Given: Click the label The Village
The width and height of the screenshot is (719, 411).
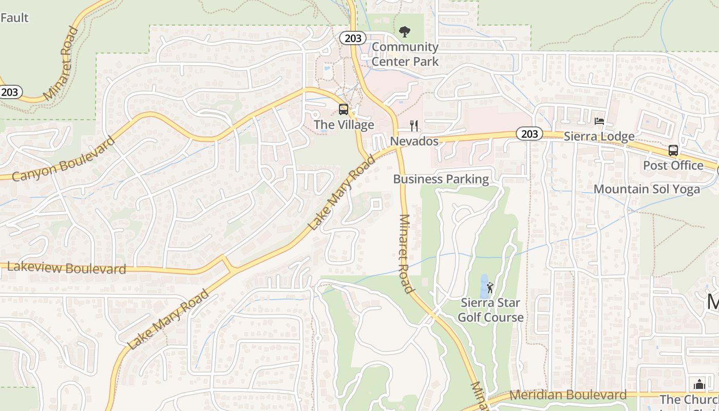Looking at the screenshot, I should tap(344, 125).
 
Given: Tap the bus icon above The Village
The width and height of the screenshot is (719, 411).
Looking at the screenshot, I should tap(344, 109).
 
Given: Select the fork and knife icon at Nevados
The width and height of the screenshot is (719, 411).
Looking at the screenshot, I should tap(414, 125).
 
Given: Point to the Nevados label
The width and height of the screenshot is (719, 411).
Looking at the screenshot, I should tap(414, 141).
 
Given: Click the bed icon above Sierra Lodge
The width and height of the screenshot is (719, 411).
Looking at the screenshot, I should tap(599, 121).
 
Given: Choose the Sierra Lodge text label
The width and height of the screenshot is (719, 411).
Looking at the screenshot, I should tap(599, 137).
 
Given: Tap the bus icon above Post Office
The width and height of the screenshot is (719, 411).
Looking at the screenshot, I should tap(673, 151).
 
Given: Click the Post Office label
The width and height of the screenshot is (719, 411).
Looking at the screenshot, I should tap(673, 165).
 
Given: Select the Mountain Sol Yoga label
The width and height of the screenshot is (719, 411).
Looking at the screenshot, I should tap(647, 189).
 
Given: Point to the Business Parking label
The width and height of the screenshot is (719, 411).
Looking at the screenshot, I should tap(441, 179).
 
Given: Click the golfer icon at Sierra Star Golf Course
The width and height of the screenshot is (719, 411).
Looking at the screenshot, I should tap(490, 288).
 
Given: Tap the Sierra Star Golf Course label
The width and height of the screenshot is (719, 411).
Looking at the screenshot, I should tap(490, 310).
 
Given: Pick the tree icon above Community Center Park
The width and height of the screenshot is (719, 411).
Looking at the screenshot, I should tap(405, 32).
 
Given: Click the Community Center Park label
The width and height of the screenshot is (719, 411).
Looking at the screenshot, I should tap(405, 54).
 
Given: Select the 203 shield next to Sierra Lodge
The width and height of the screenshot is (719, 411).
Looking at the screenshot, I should tap(529, 134).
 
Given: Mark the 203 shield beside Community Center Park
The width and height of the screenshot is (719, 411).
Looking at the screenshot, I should tap(352, 38).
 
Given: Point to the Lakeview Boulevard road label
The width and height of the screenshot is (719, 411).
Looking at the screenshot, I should tap(66, 268).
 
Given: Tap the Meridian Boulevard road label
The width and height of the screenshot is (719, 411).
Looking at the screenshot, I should tap(568, 395).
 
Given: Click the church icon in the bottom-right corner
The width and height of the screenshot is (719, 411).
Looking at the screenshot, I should tap(699, 384).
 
